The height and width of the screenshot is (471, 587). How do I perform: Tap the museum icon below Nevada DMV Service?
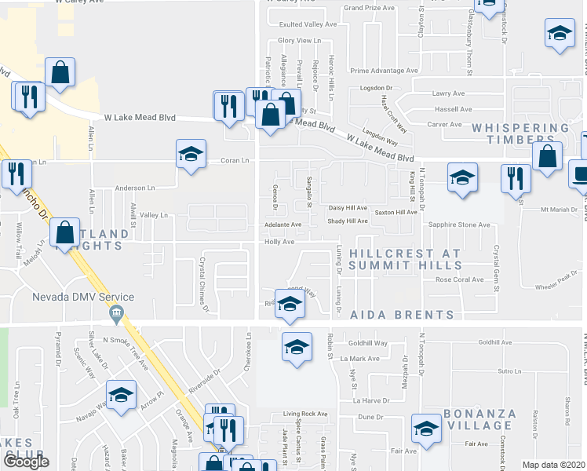click(x=115, y=314)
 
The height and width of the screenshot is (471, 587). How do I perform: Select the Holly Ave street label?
click(x=279, y=243)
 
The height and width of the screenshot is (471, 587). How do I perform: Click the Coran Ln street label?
click(x=234, y=161)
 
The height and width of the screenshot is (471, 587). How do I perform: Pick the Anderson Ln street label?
click(x=135, y=188)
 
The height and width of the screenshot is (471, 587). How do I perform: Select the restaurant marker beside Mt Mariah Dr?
click(x=515, y=178)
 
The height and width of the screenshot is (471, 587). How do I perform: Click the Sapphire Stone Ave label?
click(x=458, y=225)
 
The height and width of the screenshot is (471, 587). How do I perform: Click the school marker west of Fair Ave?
click(x=425, y=429)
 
